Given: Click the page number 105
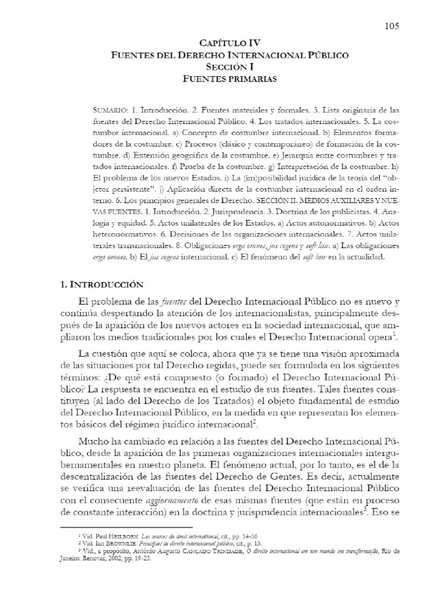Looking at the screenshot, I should (x=391, y=25).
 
